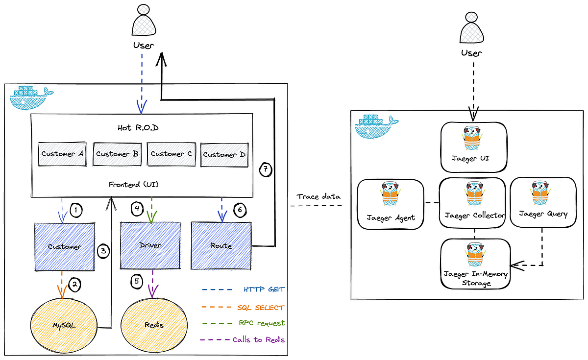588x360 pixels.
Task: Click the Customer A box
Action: (62, 154)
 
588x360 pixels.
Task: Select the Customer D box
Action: (224, 155)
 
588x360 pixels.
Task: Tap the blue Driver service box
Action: (150, 245)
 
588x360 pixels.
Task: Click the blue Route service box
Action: (221, 245)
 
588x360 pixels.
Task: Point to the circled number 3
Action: (103, 251)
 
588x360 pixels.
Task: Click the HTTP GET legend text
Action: (264, 289)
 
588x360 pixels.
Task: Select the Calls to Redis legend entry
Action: (258, 339)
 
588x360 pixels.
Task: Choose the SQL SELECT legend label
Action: (261, 307)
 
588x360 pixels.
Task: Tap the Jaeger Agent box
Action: (391, 203)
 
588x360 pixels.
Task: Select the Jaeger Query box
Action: (542, 202)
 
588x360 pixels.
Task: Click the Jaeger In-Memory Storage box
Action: (474, 263)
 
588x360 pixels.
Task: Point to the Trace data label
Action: (318, 196)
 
